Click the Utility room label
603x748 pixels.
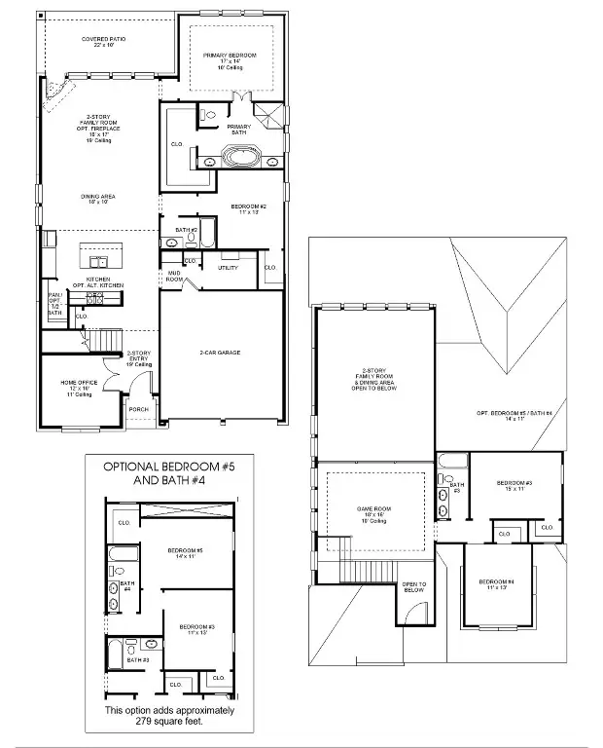(x=228, y=267)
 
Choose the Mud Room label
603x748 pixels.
(x=175, y=276)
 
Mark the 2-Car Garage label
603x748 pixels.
(x=221, y=352)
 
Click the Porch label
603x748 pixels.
(x=139, y=409)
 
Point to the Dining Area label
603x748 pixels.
(x=98, y=198)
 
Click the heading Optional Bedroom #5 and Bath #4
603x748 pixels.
(x=171, y=473)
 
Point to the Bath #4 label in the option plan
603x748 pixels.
(x=126, y=586)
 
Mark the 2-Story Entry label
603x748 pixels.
(x=138, y=358)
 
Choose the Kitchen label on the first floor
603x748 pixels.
(x=97, y=280)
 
